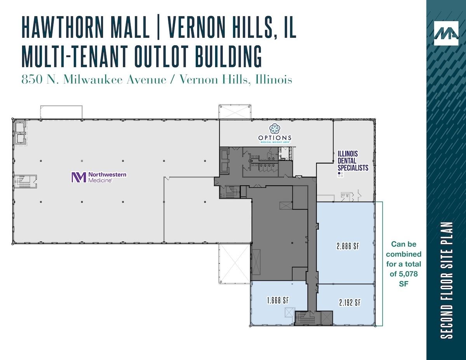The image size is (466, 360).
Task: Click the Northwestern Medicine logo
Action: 99,177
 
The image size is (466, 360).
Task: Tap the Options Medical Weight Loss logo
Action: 275,133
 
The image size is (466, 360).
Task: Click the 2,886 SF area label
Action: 348,246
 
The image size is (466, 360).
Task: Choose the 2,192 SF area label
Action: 350,303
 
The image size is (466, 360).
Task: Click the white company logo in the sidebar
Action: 446,33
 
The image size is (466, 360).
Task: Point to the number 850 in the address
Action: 30,80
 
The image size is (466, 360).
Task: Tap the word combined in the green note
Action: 404,254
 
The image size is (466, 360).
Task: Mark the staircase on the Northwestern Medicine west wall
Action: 25,181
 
